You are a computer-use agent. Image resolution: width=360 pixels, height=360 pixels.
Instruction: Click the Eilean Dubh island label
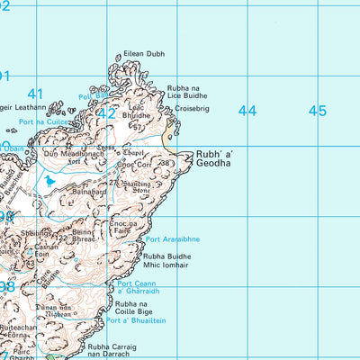click(145, 55)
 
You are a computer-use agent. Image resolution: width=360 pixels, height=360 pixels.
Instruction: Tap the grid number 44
click(247, 111)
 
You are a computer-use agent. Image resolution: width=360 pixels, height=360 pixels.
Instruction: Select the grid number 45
click(317, 111)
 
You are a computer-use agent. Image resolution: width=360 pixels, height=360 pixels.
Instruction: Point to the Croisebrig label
click(192, 109)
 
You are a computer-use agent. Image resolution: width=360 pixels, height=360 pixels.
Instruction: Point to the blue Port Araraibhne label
click(173, 239)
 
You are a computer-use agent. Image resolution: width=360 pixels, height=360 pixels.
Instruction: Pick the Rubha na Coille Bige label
click(155, 309)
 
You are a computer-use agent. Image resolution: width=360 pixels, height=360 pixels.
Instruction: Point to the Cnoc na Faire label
click(123, 227)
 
